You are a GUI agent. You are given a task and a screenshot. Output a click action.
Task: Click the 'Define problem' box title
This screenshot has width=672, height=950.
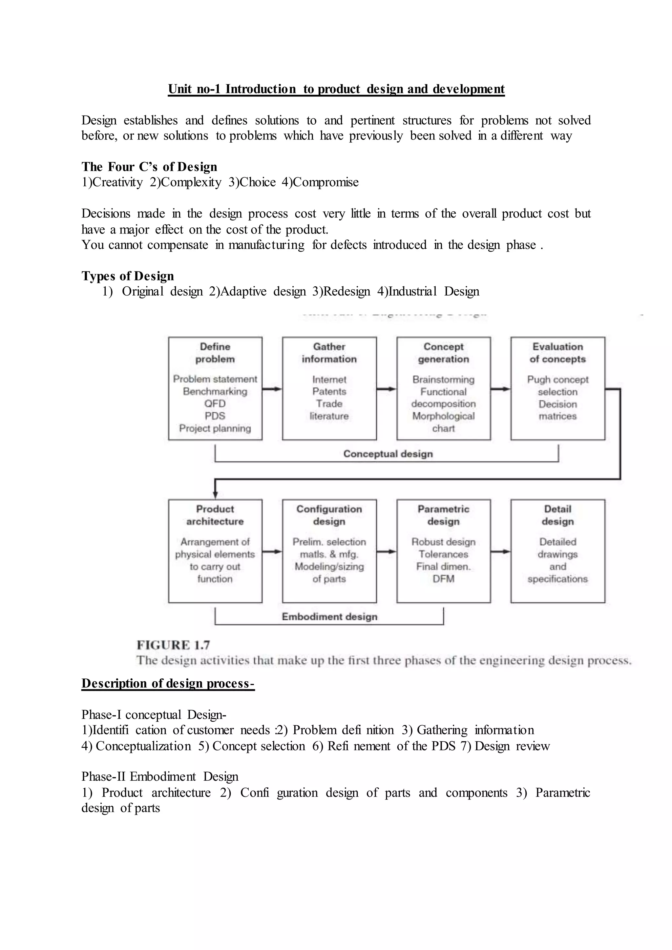tap(215, 353)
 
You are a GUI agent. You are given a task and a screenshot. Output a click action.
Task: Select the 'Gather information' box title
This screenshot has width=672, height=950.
tap(329, 353)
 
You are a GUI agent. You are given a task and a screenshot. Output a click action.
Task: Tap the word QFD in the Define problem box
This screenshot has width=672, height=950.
tap(215, 403)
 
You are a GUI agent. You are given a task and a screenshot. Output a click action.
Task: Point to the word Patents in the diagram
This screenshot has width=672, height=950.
tap(329, 391)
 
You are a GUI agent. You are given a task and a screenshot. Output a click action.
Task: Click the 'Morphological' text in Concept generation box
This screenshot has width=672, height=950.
tap(443, 416)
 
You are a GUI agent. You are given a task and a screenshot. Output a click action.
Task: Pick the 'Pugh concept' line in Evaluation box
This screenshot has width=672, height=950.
tap(557, 380)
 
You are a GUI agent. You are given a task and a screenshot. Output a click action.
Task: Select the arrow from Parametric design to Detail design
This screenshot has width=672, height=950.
tap(500, 551)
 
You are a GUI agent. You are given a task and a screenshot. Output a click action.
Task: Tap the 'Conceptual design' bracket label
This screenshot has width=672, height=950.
tap(388, 454)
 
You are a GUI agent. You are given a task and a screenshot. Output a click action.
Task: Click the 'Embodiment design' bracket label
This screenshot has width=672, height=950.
tap(329, 616)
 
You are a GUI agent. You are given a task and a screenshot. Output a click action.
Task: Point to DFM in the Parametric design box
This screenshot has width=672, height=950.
tap(443, 579)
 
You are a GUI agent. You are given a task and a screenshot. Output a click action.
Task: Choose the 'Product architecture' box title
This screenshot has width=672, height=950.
tap(215, 515)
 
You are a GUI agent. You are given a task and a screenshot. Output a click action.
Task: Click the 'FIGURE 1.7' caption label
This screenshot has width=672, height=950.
tap(173, 645)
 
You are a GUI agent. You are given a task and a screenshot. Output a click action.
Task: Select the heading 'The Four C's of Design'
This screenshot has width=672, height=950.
tap(149, 167)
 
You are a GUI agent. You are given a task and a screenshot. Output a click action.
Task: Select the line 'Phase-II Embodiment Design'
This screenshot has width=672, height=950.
tap(160, 777)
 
